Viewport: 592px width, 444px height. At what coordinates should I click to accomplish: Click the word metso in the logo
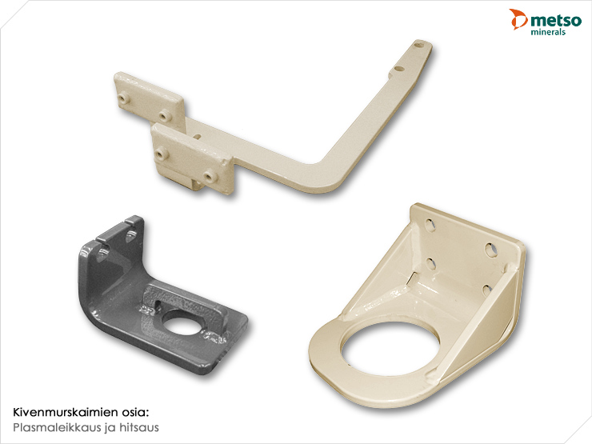556,20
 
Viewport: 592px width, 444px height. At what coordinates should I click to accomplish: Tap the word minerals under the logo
548,32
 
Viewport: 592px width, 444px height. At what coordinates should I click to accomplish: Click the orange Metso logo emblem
518,19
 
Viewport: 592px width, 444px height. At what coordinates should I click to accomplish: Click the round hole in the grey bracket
182,322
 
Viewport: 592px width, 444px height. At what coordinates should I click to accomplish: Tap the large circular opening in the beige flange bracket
390,348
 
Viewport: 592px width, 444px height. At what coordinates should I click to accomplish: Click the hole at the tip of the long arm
418,46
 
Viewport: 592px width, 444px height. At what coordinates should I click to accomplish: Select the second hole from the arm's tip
398,69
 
